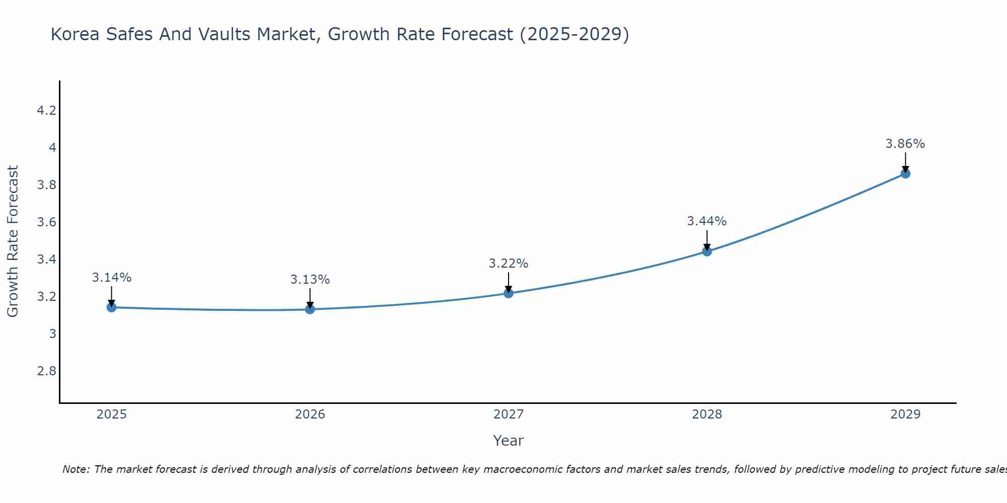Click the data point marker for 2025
click(x=112, y=307)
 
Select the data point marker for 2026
click(x=310, y=309)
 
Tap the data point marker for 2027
click(x=509, y=293)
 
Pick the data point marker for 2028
click(x=707, y=251)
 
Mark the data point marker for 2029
click(x=905, y=174)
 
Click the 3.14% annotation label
click(x=112, y=278)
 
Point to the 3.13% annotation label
click(x=310, y=280)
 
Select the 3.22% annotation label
click(x=509, y=264)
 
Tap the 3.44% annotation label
click(x=707, y=221)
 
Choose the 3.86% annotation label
click(x=905, y=144)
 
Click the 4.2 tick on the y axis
click(x=46, y=111)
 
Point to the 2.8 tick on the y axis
click(x=46, y=371)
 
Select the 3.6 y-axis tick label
click(x=46, y=222)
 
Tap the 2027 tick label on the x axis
click(x=509, y=414)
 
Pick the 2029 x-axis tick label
click(x=905, y=414)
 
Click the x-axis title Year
click(x=509, y=441)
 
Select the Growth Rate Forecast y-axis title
click(x=13, y=241)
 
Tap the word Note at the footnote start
click(x=76, y=469)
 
